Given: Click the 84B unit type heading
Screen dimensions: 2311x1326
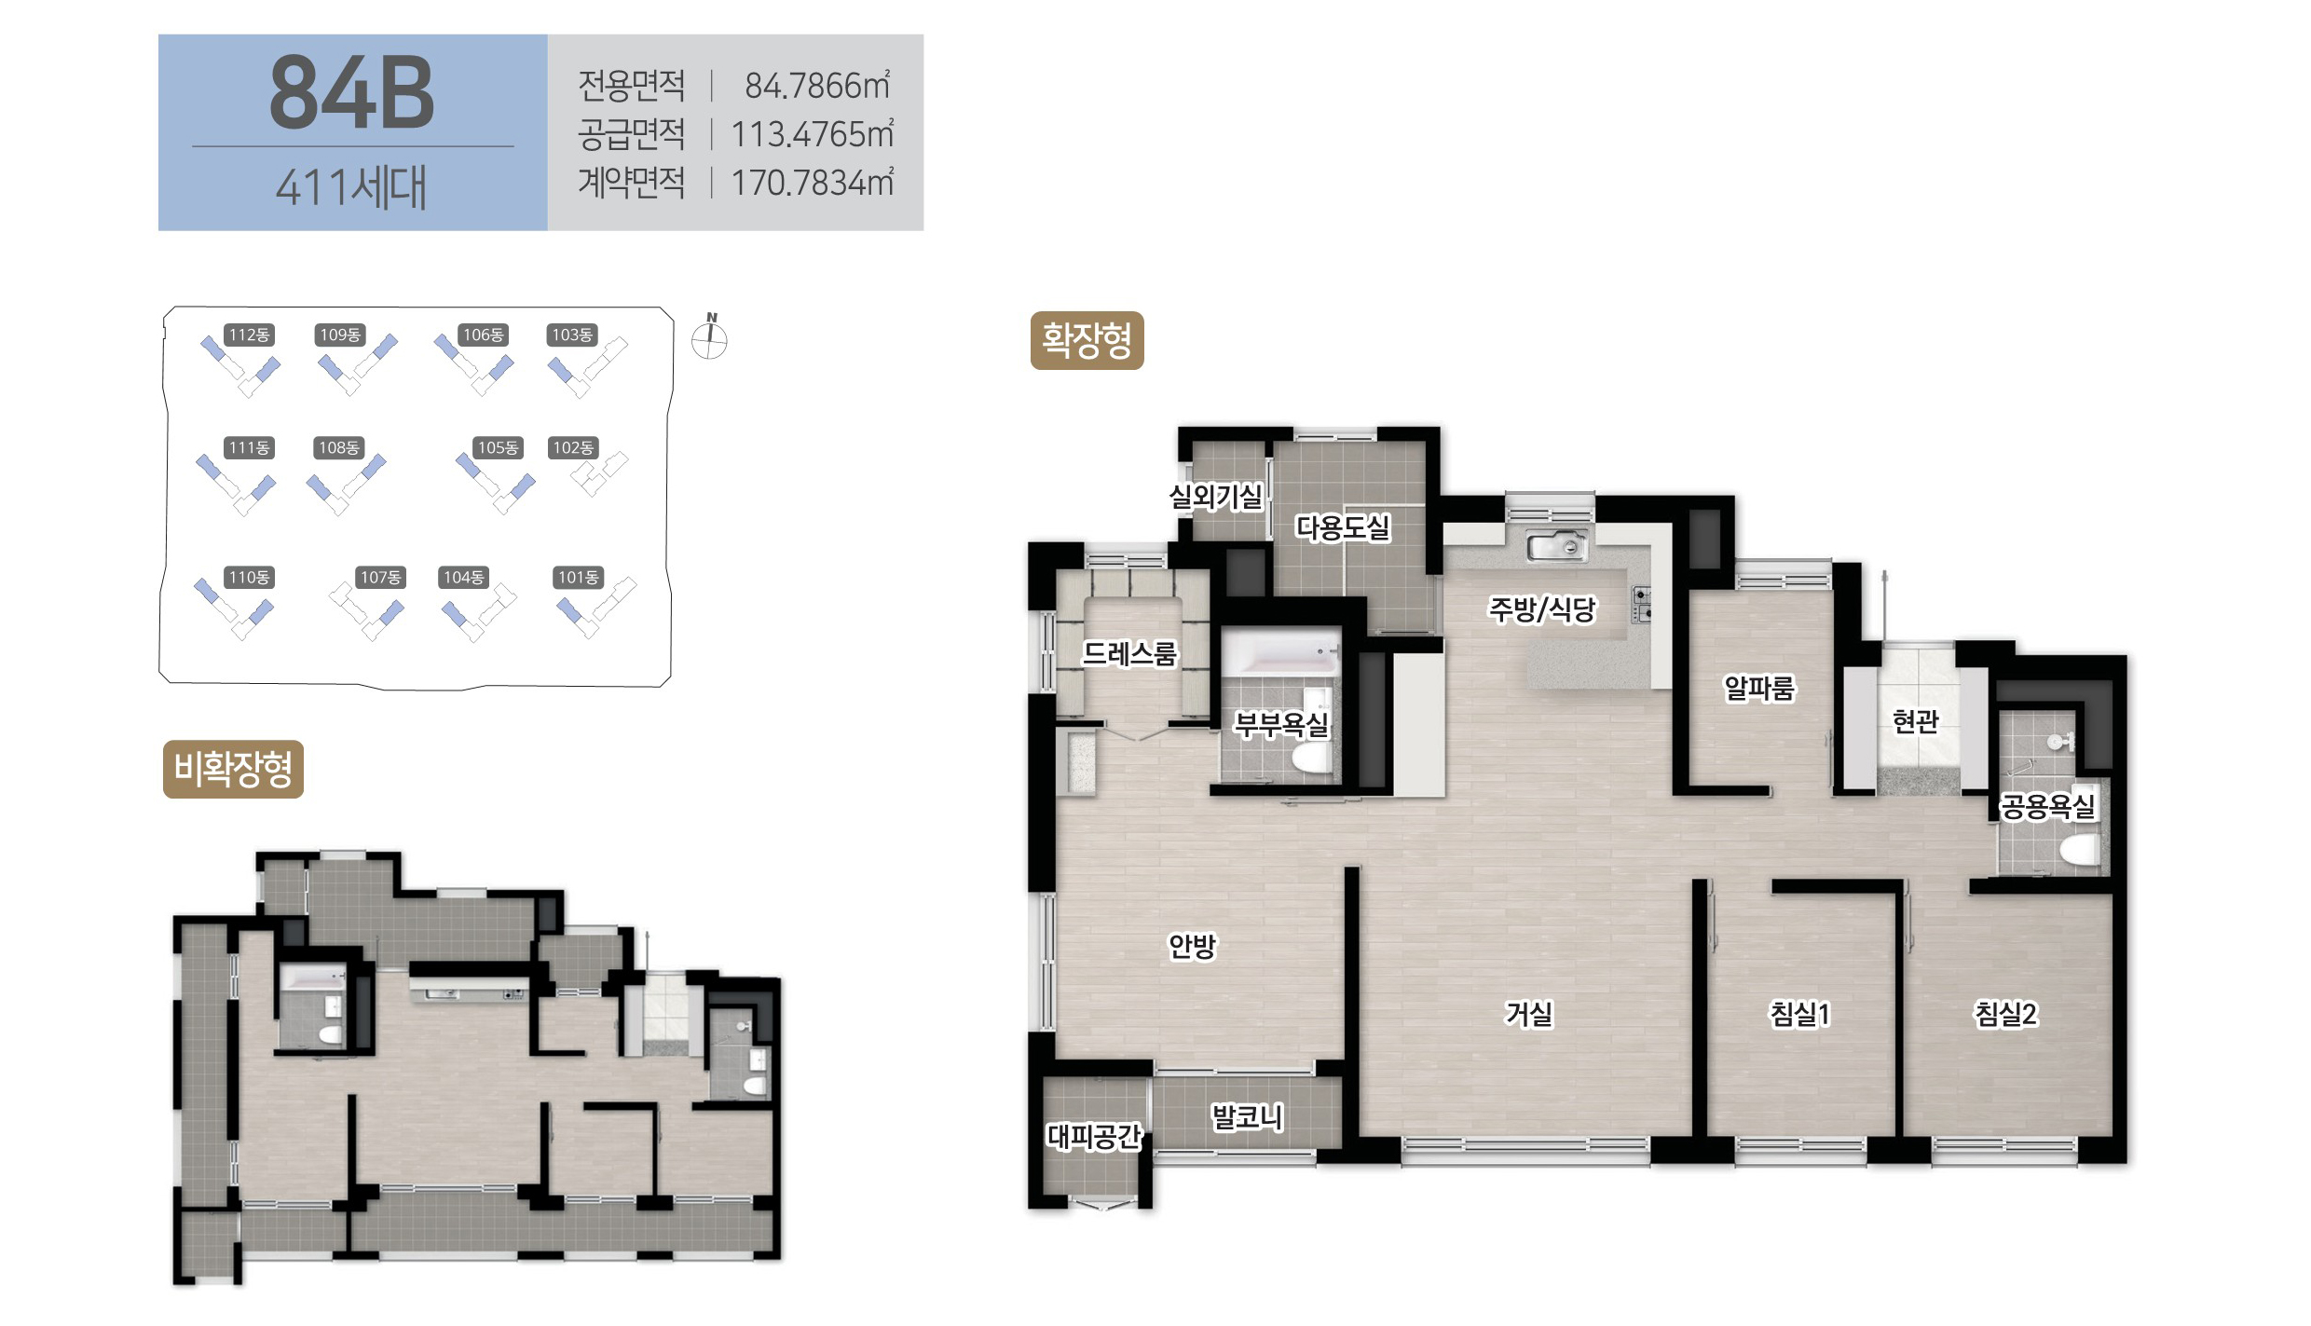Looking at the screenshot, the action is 352,92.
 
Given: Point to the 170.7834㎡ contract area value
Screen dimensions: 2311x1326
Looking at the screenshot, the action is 813,183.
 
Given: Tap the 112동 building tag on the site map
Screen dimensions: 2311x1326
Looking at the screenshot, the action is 249,335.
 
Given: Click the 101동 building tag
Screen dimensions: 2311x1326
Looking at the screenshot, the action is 579,578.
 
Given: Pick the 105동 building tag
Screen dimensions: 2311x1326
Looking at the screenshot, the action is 499,448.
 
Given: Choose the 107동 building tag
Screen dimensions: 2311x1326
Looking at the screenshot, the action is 381,578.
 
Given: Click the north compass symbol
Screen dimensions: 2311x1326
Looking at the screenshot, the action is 709,337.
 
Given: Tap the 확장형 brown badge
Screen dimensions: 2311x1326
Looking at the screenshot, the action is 1087,341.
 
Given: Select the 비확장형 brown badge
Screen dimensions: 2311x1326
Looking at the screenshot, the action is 233,770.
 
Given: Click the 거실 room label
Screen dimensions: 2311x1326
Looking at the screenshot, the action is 1529,1013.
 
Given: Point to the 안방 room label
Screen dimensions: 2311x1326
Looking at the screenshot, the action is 1193,946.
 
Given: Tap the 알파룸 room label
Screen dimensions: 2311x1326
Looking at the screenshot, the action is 1758,689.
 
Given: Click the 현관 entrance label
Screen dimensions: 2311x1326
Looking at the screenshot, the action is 1915,720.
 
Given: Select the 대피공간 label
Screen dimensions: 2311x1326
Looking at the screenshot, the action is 1094,1136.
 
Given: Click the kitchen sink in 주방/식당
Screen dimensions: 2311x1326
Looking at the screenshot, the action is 1557,545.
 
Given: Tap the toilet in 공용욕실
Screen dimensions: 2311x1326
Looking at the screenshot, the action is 2079,850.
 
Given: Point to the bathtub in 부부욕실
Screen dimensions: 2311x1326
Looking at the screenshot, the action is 1279,653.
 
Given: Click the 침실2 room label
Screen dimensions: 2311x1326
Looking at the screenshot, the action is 2006,1013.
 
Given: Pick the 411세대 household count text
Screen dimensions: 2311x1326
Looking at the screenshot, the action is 351,187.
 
